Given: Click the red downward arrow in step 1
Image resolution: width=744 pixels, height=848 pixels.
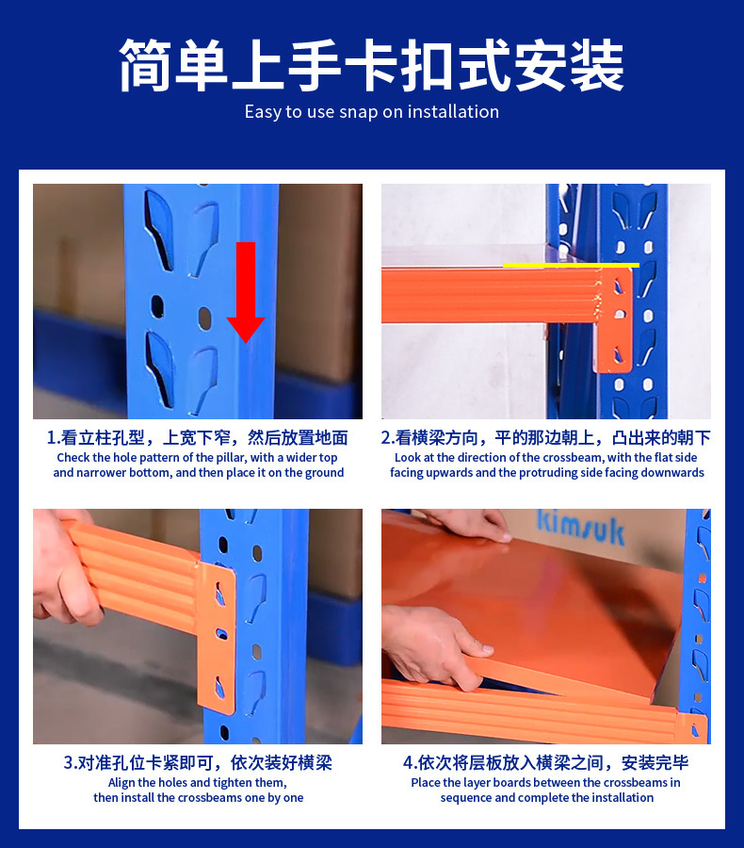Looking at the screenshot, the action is click(x=246, y=292).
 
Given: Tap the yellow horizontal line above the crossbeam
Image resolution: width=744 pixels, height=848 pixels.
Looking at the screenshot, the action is click(x=571, y=265).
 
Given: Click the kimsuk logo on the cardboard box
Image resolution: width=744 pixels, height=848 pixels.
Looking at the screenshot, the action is click(x=581, y=526).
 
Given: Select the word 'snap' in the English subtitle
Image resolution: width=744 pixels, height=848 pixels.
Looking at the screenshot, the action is click(x=358, y=112).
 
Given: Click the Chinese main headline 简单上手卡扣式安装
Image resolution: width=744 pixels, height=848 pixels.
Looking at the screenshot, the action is click(x=372, y=65).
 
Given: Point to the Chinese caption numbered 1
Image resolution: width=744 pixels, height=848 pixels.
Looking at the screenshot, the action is click(x=198, y=437).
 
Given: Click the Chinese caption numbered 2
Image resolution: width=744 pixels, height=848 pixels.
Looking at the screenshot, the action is click(x=546, y=437).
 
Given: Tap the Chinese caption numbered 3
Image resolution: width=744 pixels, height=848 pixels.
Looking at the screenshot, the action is click(x=198, y=762).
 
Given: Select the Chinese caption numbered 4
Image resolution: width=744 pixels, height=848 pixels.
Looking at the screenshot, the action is click(x=546, y=762).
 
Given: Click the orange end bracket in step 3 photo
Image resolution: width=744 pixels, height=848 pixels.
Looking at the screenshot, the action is click(x=217, y=637).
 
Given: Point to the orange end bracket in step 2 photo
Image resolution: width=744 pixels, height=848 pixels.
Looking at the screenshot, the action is click(x=615, y=320).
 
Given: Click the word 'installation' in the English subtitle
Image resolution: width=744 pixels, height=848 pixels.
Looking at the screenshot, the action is click(x=453, y=111).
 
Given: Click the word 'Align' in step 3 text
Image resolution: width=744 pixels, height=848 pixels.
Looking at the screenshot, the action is click(x=121, y=783).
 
